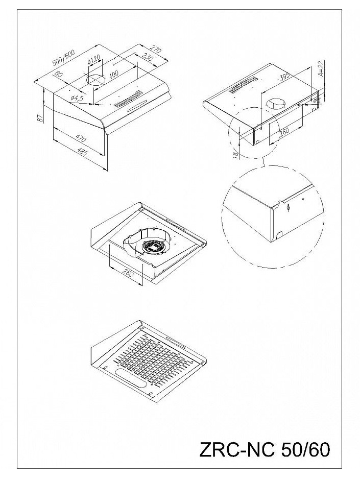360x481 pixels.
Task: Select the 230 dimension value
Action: point(148,57)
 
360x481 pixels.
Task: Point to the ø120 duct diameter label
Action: point(94,60)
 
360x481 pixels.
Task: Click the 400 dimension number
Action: point(113,74)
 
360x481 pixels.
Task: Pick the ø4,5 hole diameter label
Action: point(77,98)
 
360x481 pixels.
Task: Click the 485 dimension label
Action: point(82,152)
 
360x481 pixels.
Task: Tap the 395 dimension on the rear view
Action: point(284,77)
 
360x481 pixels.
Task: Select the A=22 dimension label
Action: point(321,69)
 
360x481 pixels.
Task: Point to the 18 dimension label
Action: point(235,155)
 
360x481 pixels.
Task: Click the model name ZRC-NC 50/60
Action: point(265,450)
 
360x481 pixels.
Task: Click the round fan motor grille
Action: point(153,246)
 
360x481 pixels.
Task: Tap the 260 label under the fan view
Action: point(128,272)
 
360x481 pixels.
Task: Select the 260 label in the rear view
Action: point(284,132)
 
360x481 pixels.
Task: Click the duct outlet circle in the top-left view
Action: point(95,80)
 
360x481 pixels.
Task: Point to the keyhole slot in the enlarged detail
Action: point(289,208)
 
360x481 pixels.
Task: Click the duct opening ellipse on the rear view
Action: point(275,104)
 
